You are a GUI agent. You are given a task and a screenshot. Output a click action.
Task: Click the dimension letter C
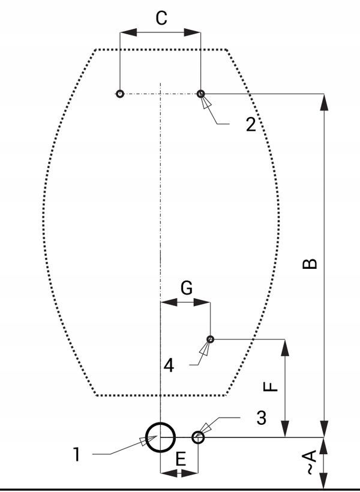click(161, 18)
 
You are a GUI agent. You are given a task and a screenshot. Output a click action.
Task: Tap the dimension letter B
click(310, 264)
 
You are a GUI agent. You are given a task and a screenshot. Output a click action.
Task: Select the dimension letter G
click(187, 289)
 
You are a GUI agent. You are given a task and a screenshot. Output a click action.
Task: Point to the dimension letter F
click(271, 385)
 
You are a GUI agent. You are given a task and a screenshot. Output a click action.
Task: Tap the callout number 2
click(251, 124)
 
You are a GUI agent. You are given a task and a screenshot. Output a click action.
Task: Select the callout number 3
click(260, 418)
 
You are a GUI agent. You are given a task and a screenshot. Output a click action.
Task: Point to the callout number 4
click(169, 364)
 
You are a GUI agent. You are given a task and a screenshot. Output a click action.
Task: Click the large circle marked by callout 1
click(160, 437)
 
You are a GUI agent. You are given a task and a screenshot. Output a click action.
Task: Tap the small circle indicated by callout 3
click(198, 437)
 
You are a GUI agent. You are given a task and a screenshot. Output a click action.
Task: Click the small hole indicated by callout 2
click(200, 94)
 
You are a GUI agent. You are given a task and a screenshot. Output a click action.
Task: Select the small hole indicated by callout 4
click(210, 339)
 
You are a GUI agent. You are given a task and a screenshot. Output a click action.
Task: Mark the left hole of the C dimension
click(120, 94)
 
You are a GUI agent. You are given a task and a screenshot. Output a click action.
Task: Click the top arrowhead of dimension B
click(325, 102)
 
